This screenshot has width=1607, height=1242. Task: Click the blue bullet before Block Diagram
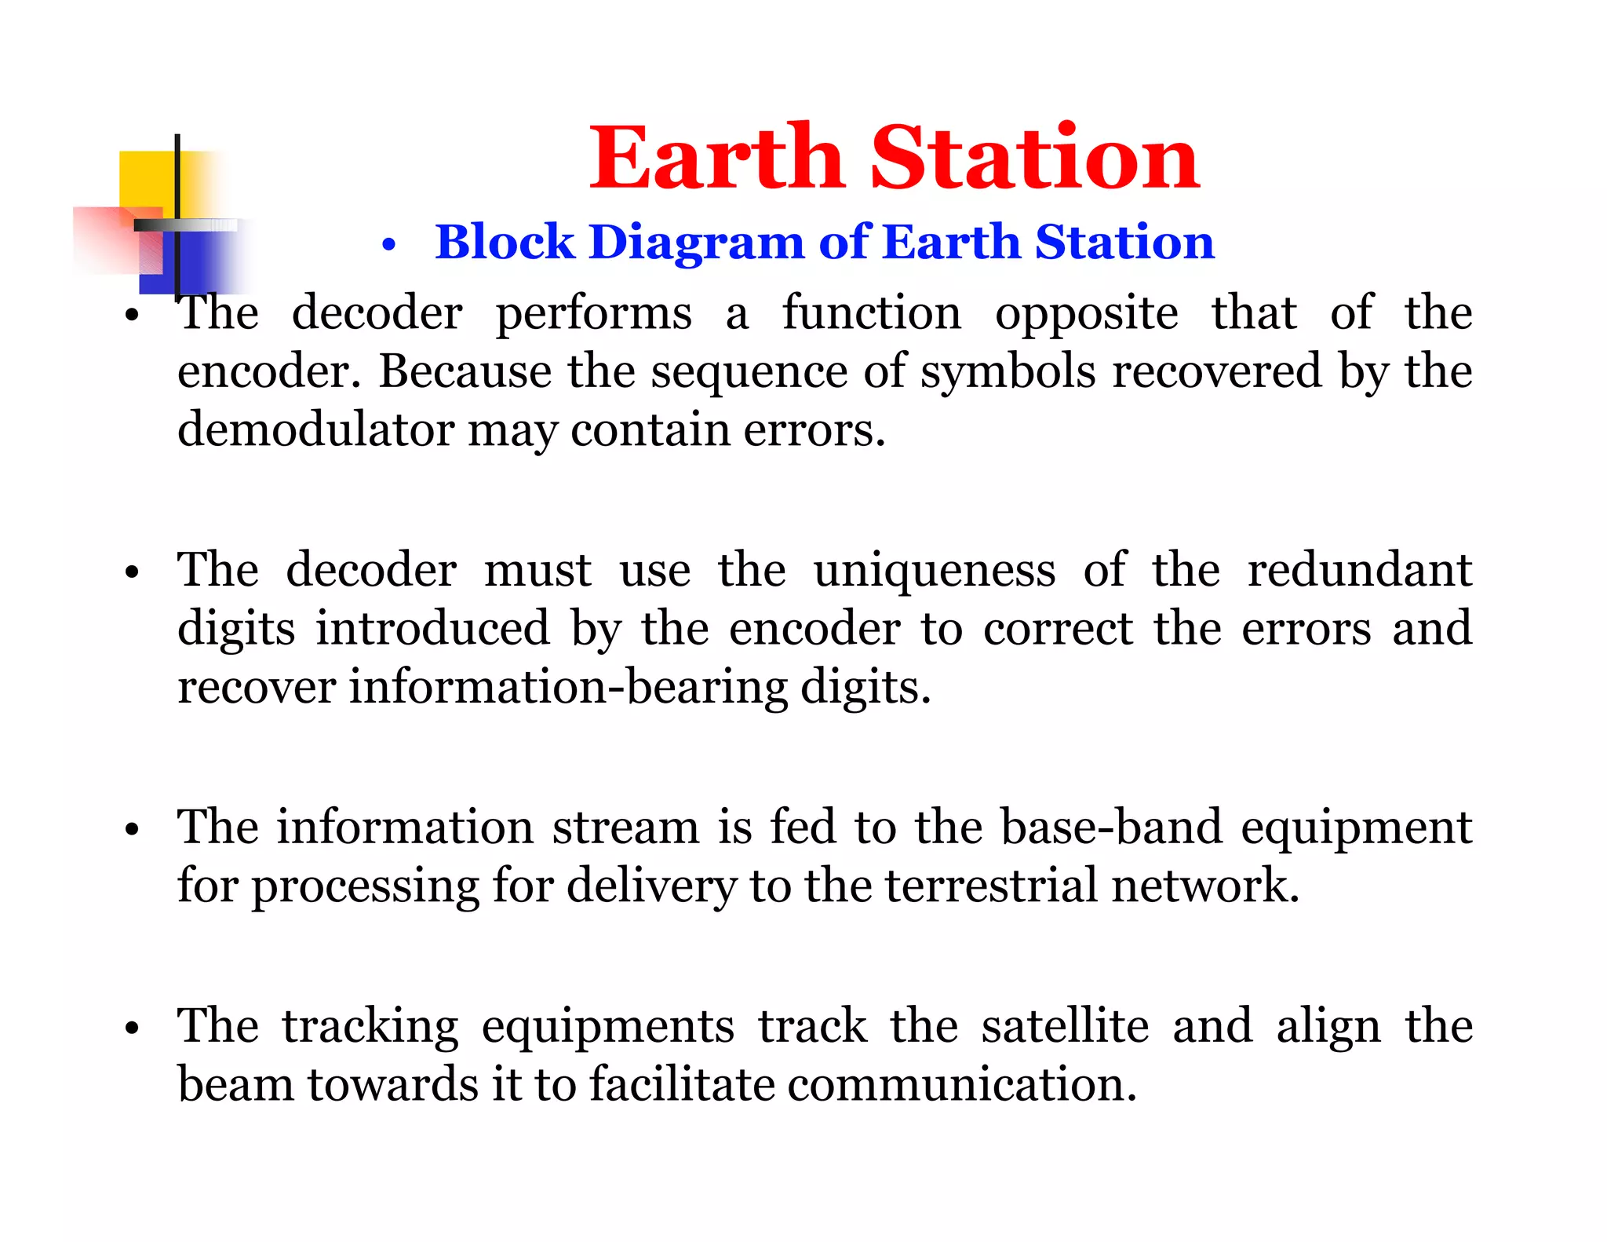(x=388, y=247)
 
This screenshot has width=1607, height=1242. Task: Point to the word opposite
(x=1086, y=314)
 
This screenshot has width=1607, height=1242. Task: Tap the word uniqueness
(x=935, y=570)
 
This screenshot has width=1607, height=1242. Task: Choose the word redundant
(x=1359, y=570)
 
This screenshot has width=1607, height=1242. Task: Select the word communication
(x=961, y=1084)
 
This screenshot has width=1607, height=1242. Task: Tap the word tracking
(x=370, y=1027)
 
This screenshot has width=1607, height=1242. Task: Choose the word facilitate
(x=681, y=1084)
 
